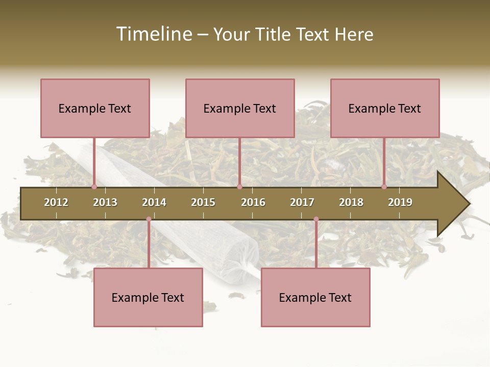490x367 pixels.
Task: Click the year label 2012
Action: pyautogui.click(x=56, y=202)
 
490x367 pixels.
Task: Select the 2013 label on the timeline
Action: pyautogui.click(x=105, y=202)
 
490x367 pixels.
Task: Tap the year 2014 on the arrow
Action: pyautogui.click(x=154, y=202)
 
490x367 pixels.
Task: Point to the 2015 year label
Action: pyautogui.click(x=203, y=202)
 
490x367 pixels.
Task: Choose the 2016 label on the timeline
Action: pyautogui.click(x=253, y=202)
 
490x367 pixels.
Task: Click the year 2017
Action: pyautogui.click(x=302, y=202)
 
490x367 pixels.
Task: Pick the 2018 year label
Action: pyautogui.click(x=351, y=202)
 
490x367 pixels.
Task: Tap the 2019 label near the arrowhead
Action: pyautogui.click(x=400, y=202)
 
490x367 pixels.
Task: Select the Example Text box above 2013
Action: pyautogui.click(x=95, y=108)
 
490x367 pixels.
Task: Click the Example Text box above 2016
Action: pyautogui.click(x=240, y=108)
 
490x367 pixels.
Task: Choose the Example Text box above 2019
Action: pyautogui.click(x=385, y=108)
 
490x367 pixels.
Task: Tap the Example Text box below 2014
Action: pyautogui.click(x=148, y=297)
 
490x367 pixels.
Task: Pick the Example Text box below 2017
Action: pyautogui.click(x=315, y=297)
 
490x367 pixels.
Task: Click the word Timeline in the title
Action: pyautogui.click(x=154, y=34)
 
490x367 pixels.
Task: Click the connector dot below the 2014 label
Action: pyautogui.click(x=149, y=219)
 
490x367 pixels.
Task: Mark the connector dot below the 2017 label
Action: pyautogui.click(x=316, y=219)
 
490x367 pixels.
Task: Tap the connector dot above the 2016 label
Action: pyautogui.click(x=239, y=187)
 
